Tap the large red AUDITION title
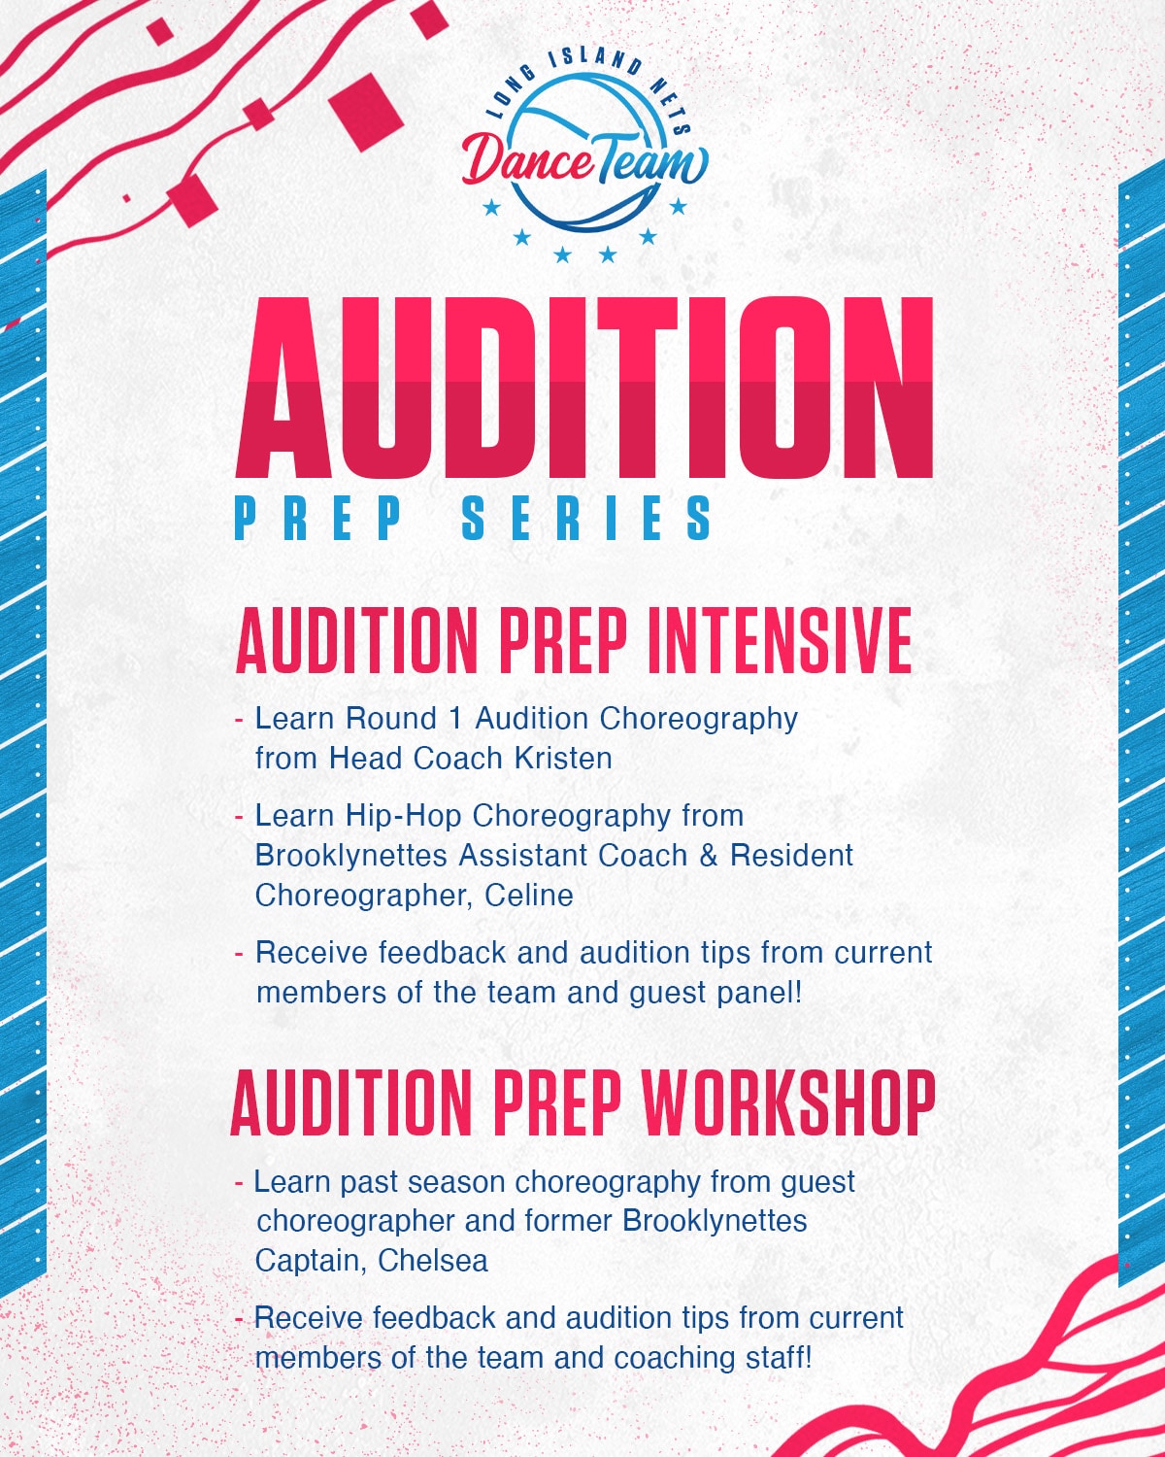pos(584,388)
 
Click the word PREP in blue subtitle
pos(318,518)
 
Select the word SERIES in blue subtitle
pos(586,518)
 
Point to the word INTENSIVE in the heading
pos(780,640)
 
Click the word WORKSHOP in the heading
pos(788,1102)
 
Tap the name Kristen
pos(563,759)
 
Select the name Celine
pos(529,896)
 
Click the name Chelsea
pos(433,1261)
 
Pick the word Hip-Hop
pos(404,817)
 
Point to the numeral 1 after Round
pos(455,719)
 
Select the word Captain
pos(312,1262)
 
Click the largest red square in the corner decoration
pos(366,112)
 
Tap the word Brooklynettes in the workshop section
pos(715,1221)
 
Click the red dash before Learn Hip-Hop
pos(238,817)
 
